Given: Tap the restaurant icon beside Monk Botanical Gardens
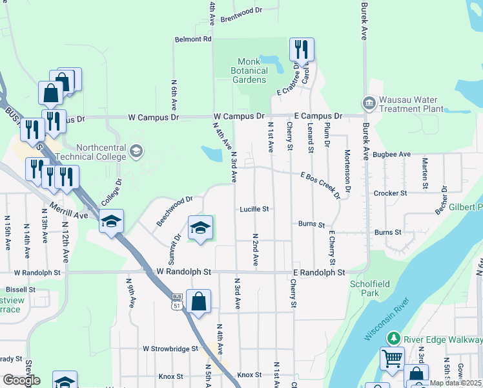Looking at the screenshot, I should pos(302,50).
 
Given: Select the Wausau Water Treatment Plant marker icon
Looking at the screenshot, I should pos(369,103).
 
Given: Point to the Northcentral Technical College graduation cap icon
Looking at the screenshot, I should pos(136,151).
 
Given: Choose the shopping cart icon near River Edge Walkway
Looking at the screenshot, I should pos(392,358).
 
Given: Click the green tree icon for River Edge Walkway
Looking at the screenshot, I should pos(392,338).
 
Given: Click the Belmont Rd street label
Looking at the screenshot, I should pos(193,39).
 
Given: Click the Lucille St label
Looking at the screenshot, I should pos(254,209).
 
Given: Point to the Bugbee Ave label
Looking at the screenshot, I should pos(392,155).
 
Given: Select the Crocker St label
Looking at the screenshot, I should pos(390,193).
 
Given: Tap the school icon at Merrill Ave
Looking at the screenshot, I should pos(111,222).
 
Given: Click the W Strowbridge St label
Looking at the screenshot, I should pos(170,349).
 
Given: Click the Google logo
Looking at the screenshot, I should pos(21,380).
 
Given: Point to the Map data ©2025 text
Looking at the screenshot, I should pos(455,383).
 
